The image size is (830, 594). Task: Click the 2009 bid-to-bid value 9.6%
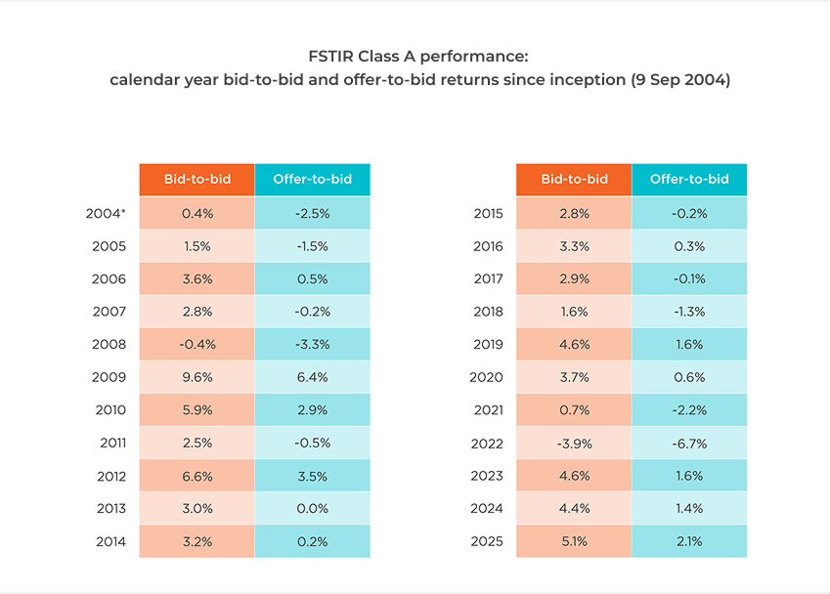197,377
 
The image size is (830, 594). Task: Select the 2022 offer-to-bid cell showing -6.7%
689,443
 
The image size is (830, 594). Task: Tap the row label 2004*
107,213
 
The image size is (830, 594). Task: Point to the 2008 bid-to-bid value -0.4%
197,344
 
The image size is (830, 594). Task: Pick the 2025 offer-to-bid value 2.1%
689,541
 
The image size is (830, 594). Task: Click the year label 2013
111,508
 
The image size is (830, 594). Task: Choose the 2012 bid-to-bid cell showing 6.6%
197,476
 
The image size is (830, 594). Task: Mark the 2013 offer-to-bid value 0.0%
313,508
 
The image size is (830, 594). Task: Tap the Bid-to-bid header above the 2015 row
574,179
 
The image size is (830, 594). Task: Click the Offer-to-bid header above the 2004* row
313,179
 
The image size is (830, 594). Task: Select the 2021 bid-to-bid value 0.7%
574,410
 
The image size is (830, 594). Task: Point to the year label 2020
488,377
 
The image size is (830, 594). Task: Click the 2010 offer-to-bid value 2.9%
313,410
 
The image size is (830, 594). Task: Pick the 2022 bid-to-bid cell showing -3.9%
574,443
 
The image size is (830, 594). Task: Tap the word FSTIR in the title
328,57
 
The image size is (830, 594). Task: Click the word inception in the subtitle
582,80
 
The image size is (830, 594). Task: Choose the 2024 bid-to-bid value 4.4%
574,508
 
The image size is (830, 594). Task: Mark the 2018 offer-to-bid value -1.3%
689,312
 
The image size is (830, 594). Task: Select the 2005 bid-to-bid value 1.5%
197,246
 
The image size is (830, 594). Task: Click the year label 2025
488,541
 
